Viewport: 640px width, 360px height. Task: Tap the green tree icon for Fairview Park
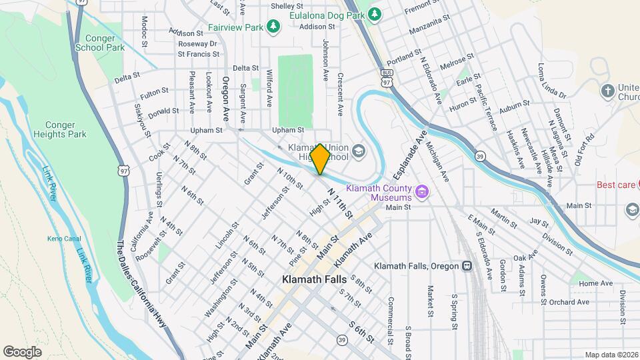click(x=273, y=26)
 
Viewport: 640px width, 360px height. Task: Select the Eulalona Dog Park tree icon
click(x=375, y=13)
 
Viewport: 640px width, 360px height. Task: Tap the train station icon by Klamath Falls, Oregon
click(x=467, y=265)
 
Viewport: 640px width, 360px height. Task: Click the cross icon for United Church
click(x=607, y=91)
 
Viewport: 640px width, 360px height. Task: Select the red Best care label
click(x=615, y=185)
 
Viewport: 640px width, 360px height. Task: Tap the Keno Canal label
click(x=63, y=239)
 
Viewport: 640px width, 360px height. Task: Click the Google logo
click(x=22, y=351)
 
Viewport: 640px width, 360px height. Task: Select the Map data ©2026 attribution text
click(x=611, y=355)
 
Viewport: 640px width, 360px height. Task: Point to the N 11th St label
click(x=339, y=203)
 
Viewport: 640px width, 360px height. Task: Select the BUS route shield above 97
click(x=387, y=71)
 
